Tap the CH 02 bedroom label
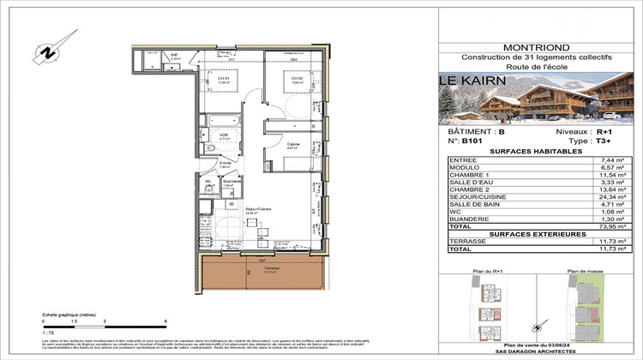[x=297, y=78]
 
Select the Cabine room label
[x=292, y=145]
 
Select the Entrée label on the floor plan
[x=225, y=164]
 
